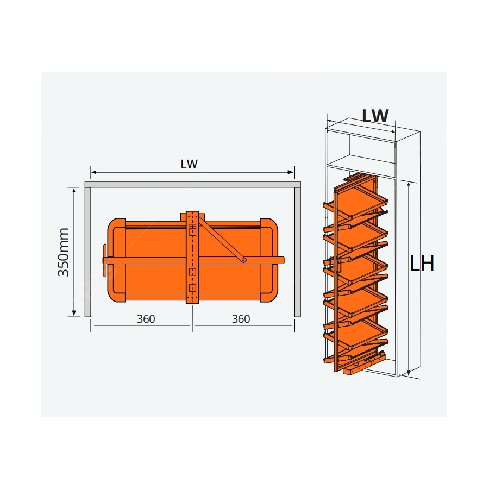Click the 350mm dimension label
pos(64,252)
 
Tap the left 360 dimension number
pos(146,319)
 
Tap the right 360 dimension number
pos(241,319)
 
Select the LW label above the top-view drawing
pos(189,164)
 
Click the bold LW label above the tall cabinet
pos(375,116)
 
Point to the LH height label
pos(422,264)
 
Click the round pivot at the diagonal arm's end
pos(243,260)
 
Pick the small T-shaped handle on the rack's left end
pos(104,260)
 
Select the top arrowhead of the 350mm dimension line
pos(74,190)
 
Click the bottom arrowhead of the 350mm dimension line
pos(74,313)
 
